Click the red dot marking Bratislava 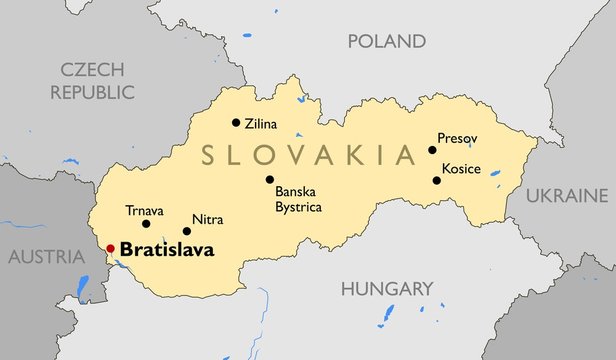pos(111,249)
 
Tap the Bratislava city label pos(167,250)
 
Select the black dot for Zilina pos(236,123)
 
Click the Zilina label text pos(261,125)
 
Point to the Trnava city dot pos(146,224)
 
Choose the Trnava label pos(144,210)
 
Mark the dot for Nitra pos(187,231)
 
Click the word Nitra pos(207,220)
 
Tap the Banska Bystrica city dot pos(269,180)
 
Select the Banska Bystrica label pos(300,200)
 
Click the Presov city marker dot pos(432,150)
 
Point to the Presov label pos(457,138)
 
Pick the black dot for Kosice pos(436,180)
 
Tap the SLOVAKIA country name pos(308,155)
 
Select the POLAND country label pos(386,41)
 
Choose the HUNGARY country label pos(387,289)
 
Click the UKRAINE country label pos(566,194)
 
